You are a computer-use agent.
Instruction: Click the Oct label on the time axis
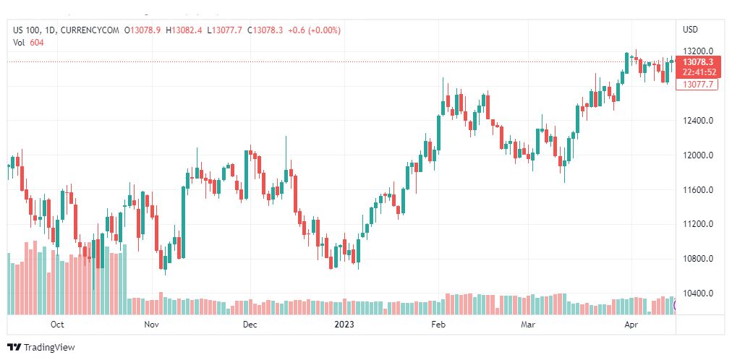coord(57,325)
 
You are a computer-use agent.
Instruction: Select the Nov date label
coord(151,325)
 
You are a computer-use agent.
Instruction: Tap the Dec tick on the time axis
coord(250,325)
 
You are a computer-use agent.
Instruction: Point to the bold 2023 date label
coord(343,325)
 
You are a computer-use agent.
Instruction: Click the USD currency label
coord(690,30)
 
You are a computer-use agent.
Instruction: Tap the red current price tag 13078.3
coord(698,62)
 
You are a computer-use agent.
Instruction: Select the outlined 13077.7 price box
coord(698,85)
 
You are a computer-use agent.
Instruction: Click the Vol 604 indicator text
coord(28,42)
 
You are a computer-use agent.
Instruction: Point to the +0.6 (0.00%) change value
coord(314,30)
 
